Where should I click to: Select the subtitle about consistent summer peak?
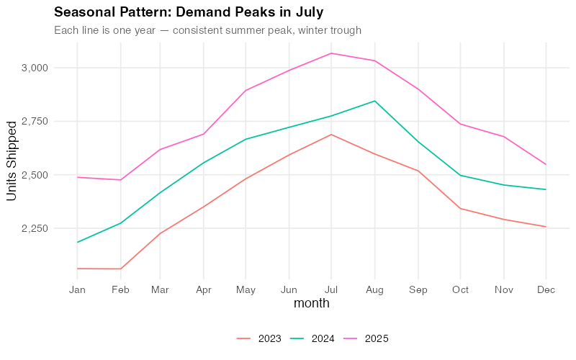[x=207, y=30]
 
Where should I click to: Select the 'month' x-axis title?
[x=311, y=303]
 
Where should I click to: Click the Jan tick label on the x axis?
[x=78, y=289]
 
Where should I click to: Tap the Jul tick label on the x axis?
[x=331, y=289]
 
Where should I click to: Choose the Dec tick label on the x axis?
[x=545, y=289]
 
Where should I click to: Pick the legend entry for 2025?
[x=366, y=338]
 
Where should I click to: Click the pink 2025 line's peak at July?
[x=331, y=53]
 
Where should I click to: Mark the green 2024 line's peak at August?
[x=374, y=101]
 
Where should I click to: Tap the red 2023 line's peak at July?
[x=331, y=134]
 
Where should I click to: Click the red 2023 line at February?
[x=120, y=269]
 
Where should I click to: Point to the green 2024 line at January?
[x=78, y=242]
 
